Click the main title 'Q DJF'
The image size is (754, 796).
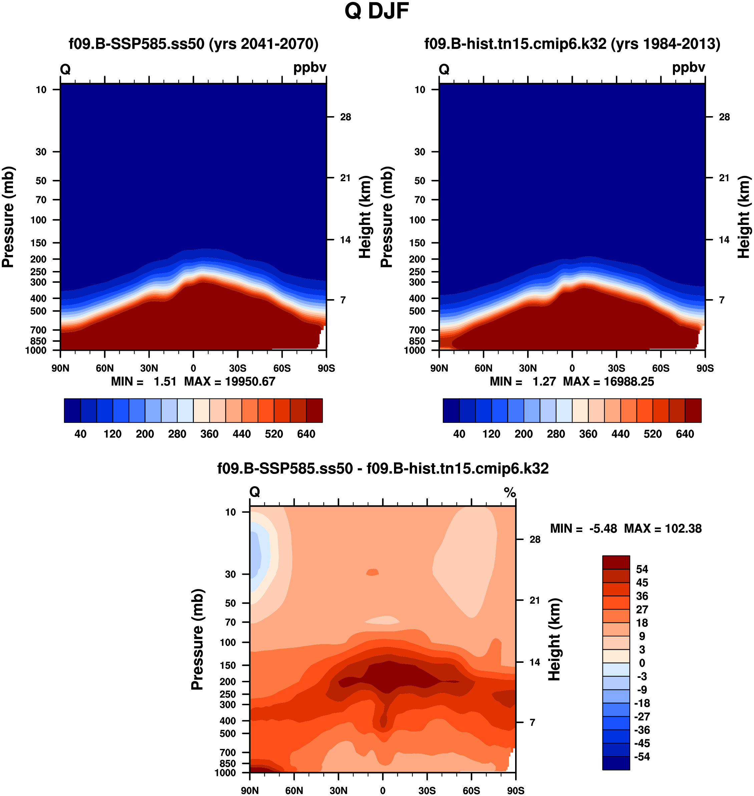point(377,11)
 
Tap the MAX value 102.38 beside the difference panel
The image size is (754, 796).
point(683,528)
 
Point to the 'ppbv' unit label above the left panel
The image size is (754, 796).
point(310,67)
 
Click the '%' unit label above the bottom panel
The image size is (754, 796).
point(510,492)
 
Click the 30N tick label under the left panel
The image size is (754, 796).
point(149,368)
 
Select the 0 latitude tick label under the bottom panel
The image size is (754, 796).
point(383,790)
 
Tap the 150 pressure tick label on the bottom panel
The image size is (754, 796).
point(228,666)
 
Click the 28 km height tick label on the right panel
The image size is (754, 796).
point(724,117)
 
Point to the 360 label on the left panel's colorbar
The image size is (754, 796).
point(210,434)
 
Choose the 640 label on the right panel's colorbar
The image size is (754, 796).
point(685,434)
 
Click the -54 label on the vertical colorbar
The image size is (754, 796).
point(642,757)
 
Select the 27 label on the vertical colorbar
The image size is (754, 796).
point(642,609)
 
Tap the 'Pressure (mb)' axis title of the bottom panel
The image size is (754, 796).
point(198,639)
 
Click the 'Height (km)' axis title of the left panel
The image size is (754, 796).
point(365,217)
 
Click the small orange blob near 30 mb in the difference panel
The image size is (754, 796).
point(373,572)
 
